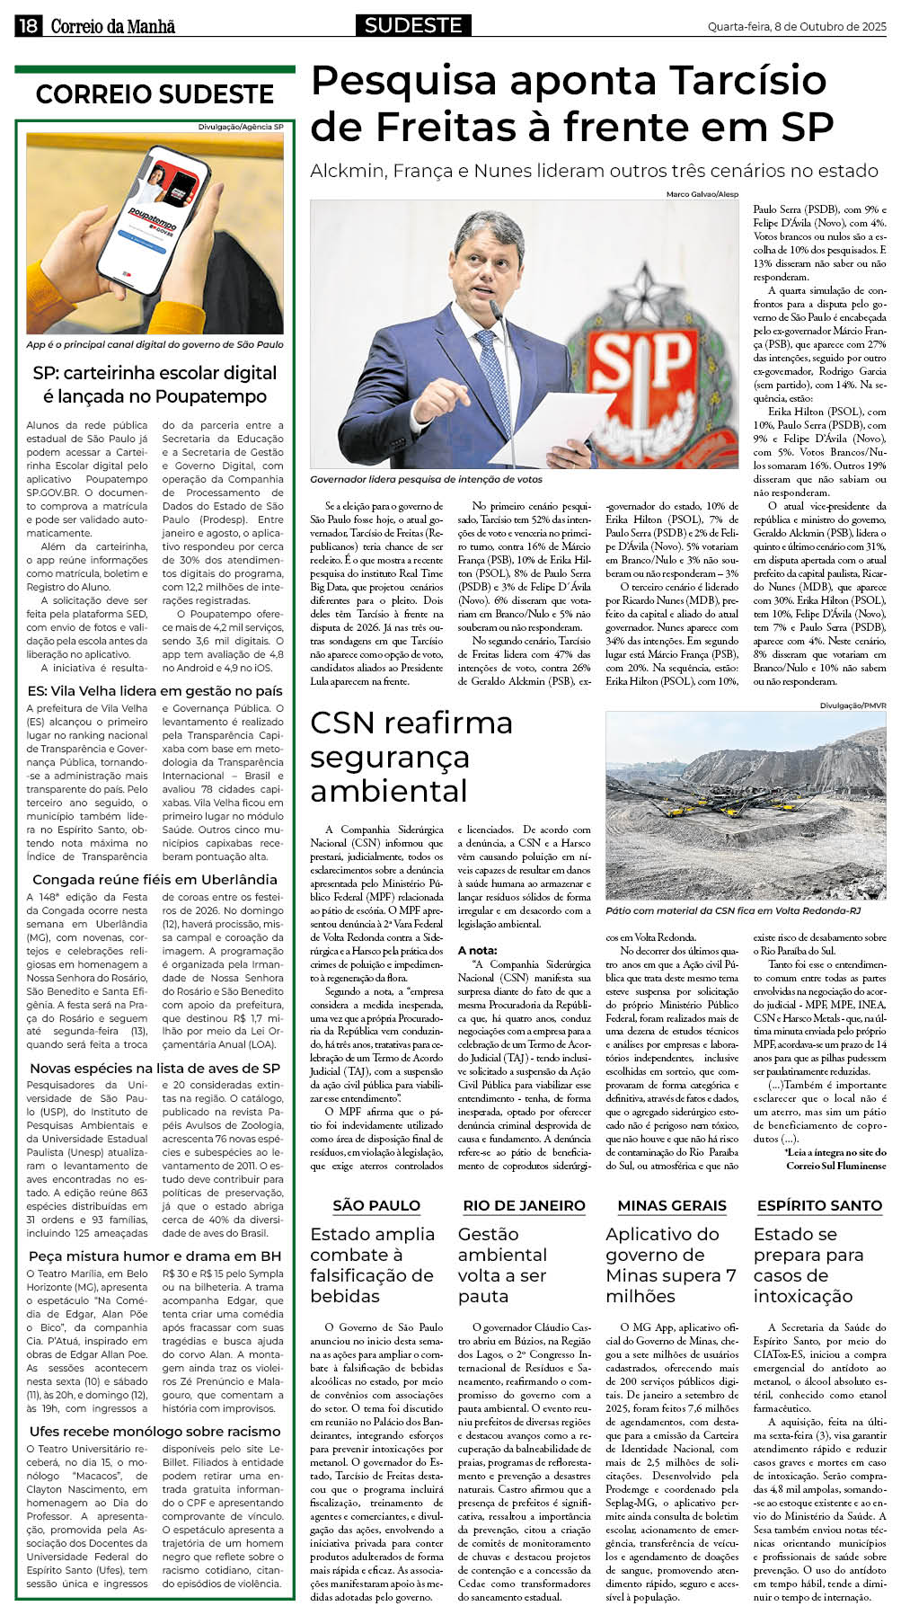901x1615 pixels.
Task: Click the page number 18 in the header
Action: pos(28,26)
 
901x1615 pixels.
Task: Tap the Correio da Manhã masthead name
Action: pos(113,26)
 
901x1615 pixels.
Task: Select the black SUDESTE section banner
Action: pos(413,25)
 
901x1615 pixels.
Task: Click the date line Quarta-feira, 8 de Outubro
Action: pos(796,27)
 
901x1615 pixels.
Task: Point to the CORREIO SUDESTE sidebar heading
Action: pos(155,94)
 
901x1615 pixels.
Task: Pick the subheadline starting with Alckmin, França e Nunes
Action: pos(594,171)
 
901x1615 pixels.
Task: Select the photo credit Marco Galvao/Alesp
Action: pos(702,194)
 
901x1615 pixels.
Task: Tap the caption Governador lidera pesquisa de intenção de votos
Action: pos(426,480)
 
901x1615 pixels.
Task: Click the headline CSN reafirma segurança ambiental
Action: pos(411,757)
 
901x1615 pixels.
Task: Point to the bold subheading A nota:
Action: pos(477,950)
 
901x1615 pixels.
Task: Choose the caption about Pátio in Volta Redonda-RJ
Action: pos(733,910)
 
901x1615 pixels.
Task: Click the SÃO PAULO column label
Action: pos(375,1205)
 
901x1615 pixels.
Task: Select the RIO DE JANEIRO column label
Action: pos(524,1205)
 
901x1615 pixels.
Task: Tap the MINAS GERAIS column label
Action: pos(672,1205)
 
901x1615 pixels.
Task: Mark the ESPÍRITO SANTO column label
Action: pos(819,1205)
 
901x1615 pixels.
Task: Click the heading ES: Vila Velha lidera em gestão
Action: pos(155,691)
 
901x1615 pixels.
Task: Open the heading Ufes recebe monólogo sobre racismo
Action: pos(155,1432)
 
